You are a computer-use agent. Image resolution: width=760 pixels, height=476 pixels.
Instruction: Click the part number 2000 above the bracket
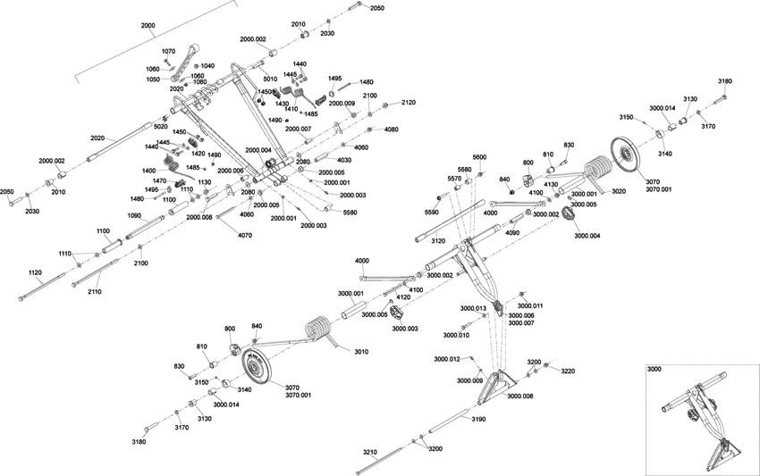point(148,26)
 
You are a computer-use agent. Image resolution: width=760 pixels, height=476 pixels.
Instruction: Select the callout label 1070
point(167,52)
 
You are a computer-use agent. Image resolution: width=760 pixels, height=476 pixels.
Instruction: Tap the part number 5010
point(270,79)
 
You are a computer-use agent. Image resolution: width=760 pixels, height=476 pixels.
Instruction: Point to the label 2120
point(409,103)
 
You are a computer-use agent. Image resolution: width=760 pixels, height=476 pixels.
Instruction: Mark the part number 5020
point(161,127)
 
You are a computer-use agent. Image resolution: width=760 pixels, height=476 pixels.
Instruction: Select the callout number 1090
point(135,215)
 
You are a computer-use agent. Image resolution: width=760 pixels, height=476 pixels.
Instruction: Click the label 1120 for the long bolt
point(35,271)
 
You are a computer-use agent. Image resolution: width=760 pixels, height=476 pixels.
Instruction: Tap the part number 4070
point(245,235)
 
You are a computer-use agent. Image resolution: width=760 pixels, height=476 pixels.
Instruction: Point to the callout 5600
point(479,157)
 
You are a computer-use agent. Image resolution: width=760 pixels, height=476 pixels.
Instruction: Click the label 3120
point(437,241)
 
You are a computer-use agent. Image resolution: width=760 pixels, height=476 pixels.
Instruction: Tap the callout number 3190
point(478,419)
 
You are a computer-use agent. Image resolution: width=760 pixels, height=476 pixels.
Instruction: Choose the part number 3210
point(371,453)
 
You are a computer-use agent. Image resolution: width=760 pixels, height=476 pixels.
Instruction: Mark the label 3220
point(568,371)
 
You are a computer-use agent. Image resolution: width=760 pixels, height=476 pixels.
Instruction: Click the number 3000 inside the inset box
point(654,368)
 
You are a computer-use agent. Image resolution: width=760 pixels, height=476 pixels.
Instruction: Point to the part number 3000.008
point(520,396)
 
